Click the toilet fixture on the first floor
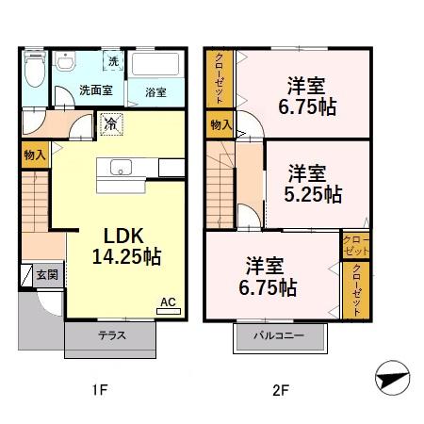35,69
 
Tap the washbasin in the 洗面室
65,61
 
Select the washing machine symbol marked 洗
113,61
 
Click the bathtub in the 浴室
155,64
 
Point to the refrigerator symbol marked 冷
111,124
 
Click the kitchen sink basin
121,167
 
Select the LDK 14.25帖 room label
126,247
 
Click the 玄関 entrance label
47,275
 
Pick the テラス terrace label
112,335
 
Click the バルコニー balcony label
279,335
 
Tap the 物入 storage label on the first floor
35,155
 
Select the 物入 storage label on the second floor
220,125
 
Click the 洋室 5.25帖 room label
313,184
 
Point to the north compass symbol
393,378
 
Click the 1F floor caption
100,390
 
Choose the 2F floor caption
281,391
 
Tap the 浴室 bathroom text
155,92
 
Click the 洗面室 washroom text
96,90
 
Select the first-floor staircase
35,202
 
